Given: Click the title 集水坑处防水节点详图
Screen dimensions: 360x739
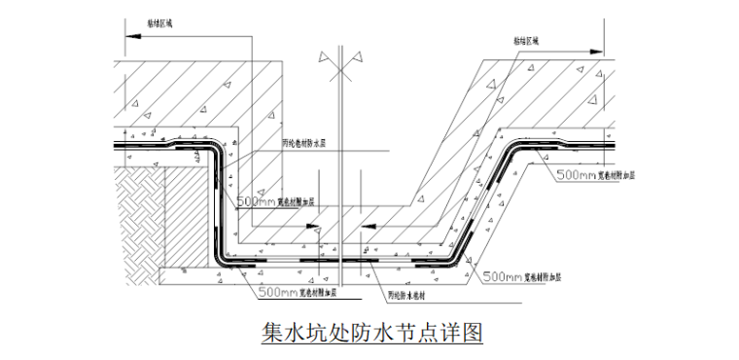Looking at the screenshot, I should click(x=372, y=334).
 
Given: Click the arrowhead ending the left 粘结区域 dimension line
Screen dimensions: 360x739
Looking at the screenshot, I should click(x=126, y=38).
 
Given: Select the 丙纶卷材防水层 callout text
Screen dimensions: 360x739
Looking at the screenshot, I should click(x=303, y=143).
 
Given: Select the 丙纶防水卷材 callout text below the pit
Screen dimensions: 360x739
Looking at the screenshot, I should click(x=409, y=295).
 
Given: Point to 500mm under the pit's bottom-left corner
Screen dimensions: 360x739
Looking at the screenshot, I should click(x=278, y=291).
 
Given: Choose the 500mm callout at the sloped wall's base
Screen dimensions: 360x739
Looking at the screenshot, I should click(x=503, y=277).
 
